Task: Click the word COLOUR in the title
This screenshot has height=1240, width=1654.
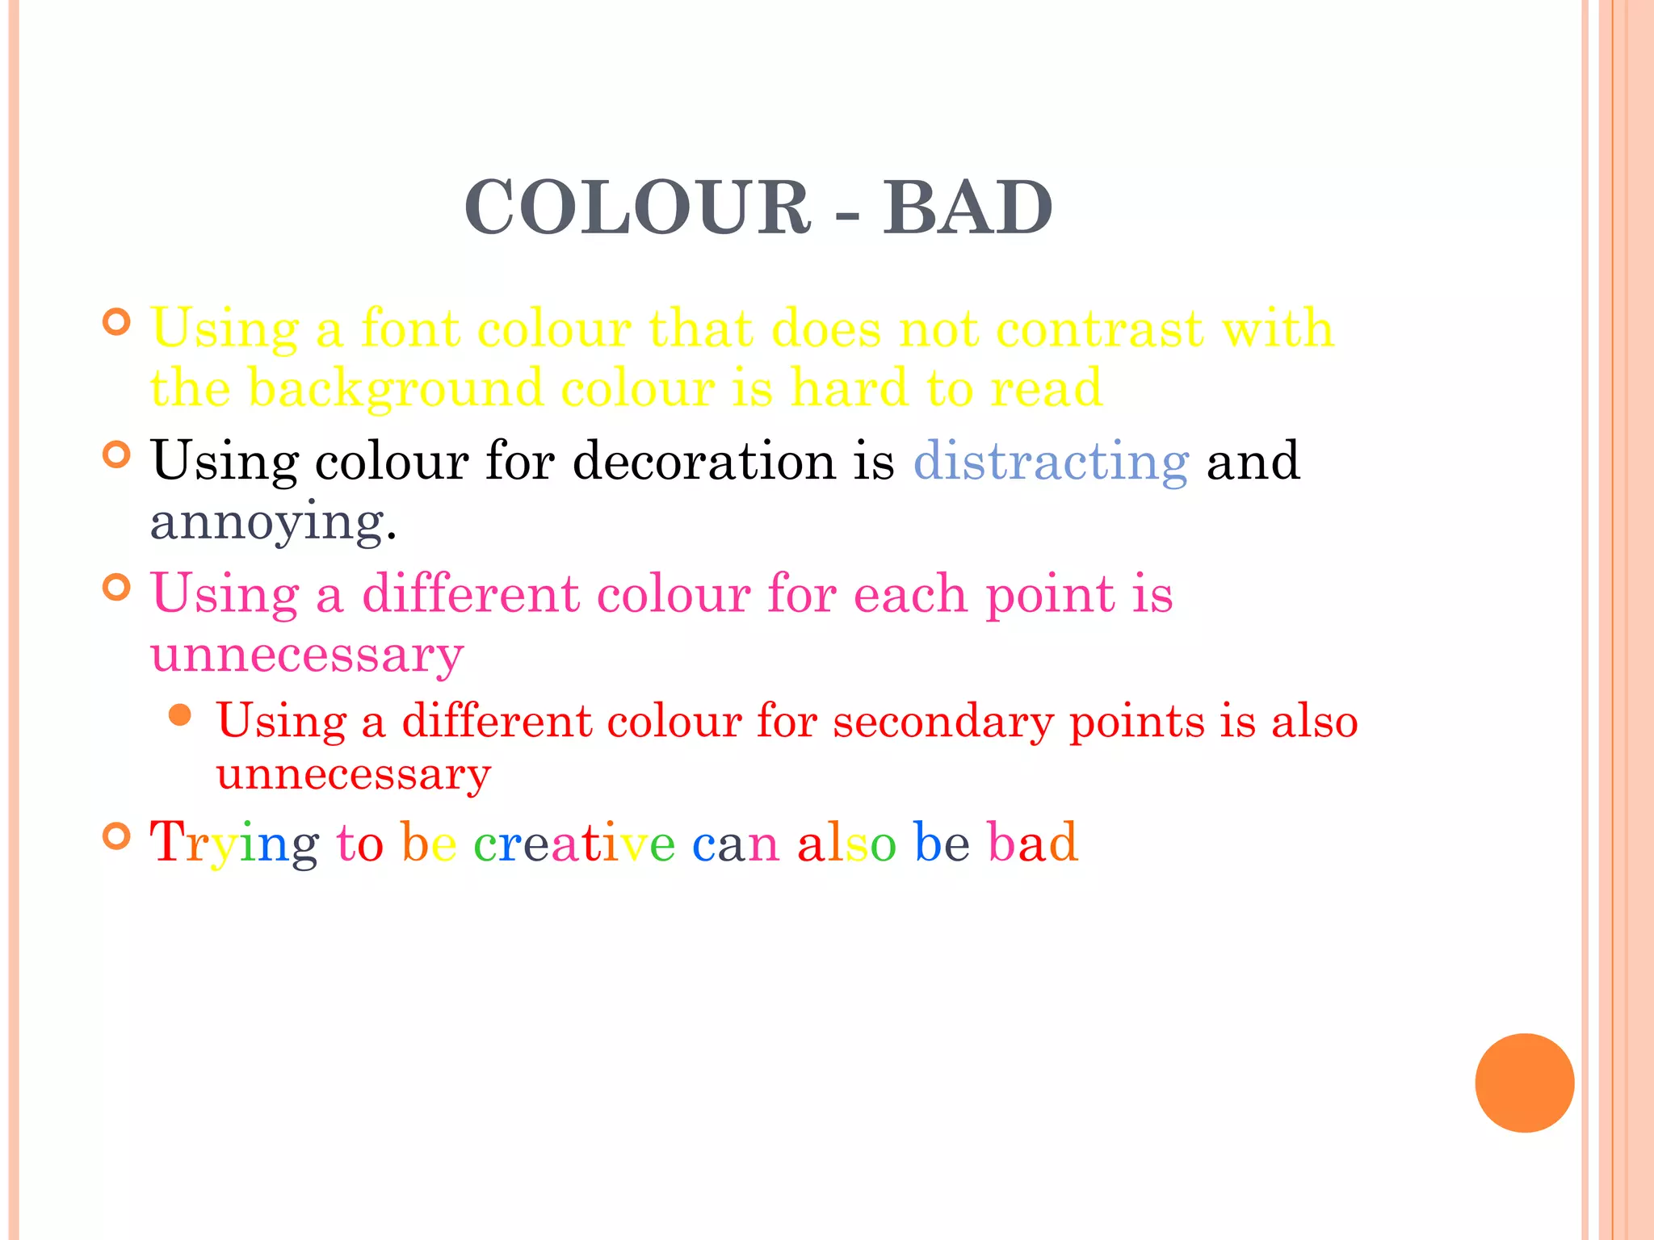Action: click(637, 208)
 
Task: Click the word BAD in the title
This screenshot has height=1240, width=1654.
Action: click(967, 208)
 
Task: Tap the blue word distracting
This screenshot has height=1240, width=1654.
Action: click(1051, 462)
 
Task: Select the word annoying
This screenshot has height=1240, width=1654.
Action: click(273, 523)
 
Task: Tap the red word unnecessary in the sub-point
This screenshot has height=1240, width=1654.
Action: click(354, 775)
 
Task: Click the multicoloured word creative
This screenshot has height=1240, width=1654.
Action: click(573, 844)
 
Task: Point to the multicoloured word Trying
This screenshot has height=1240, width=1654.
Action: click(234, 844)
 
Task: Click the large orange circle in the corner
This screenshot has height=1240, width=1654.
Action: click(1524, 1083)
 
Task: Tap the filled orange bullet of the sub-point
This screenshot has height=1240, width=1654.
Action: click(180, 714)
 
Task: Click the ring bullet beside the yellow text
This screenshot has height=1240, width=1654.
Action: click(117, 322)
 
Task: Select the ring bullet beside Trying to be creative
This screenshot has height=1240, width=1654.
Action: click(117, 836)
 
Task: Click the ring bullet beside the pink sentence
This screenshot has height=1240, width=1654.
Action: click(117, 587)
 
